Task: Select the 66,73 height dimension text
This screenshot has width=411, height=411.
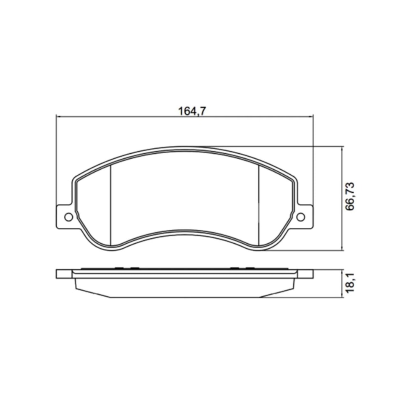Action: coord(350,196)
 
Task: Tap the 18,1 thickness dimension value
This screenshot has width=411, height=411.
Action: coord(350,283)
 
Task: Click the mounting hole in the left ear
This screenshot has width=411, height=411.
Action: coord(69,217)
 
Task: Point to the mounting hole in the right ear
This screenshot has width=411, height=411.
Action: coord(300,217)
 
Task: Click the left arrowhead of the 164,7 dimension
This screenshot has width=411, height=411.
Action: coord(59,117)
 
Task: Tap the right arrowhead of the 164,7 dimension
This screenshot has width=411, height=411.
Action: coord(311,117)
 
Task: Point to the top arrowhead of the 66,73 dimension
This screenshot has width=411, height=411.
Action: coord(342,149)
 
